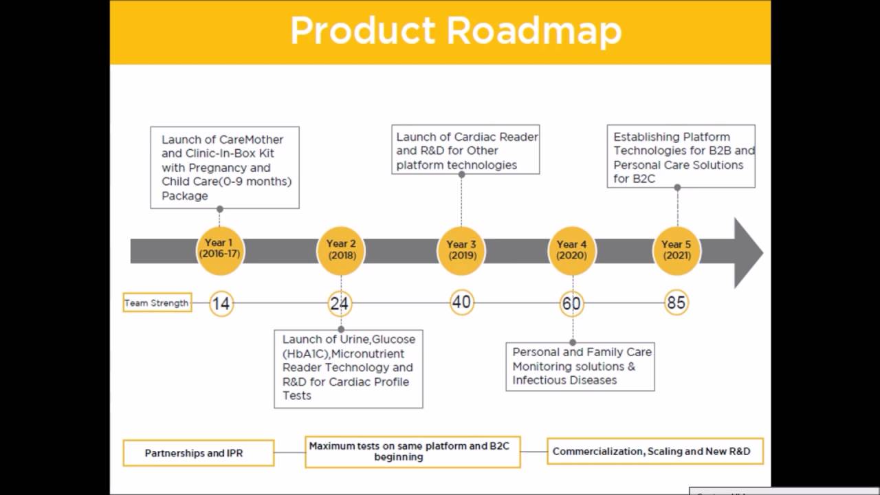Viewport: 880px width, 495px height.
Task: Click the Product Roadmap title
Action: click(455, 31)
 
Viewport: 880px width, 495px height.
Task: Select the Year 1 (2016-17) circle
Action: click(219, 249)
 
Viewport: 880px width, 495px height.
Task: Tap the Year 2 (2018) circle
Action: click(341, 250)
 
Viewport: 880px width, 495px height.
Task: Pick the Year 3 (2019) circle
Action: click(461, 250)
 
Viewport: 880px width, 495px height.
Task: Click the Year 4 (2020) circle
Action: click(571, 250)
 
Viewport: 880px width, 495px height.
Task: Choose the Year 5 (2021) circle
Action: click(676, 250)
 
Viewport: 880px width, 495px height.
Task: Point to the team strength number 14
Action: click(221, 303)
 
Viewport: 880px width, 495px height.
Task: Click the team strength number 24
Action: click(340, 303)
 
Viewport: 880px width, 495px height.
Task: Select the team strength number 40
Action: click(461, 302)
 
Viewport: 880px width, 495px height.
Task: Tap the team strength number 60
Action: click(571, 303)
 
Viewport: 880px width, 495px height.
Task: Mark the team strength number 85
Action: click(676, 302)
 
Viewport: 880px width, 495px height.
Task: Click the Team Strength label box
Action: click(157, 302)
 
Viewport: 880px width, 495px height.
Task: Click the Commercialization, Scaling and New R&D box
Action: click(654, 452)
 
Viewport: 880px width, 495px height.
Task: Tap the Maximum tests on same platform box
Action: click(412, 452)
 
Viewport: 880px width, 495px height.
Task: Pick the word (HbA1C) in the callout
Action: click(306, 353)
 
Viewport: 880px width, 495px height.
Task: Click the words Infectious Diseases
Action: click(564, 380)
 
